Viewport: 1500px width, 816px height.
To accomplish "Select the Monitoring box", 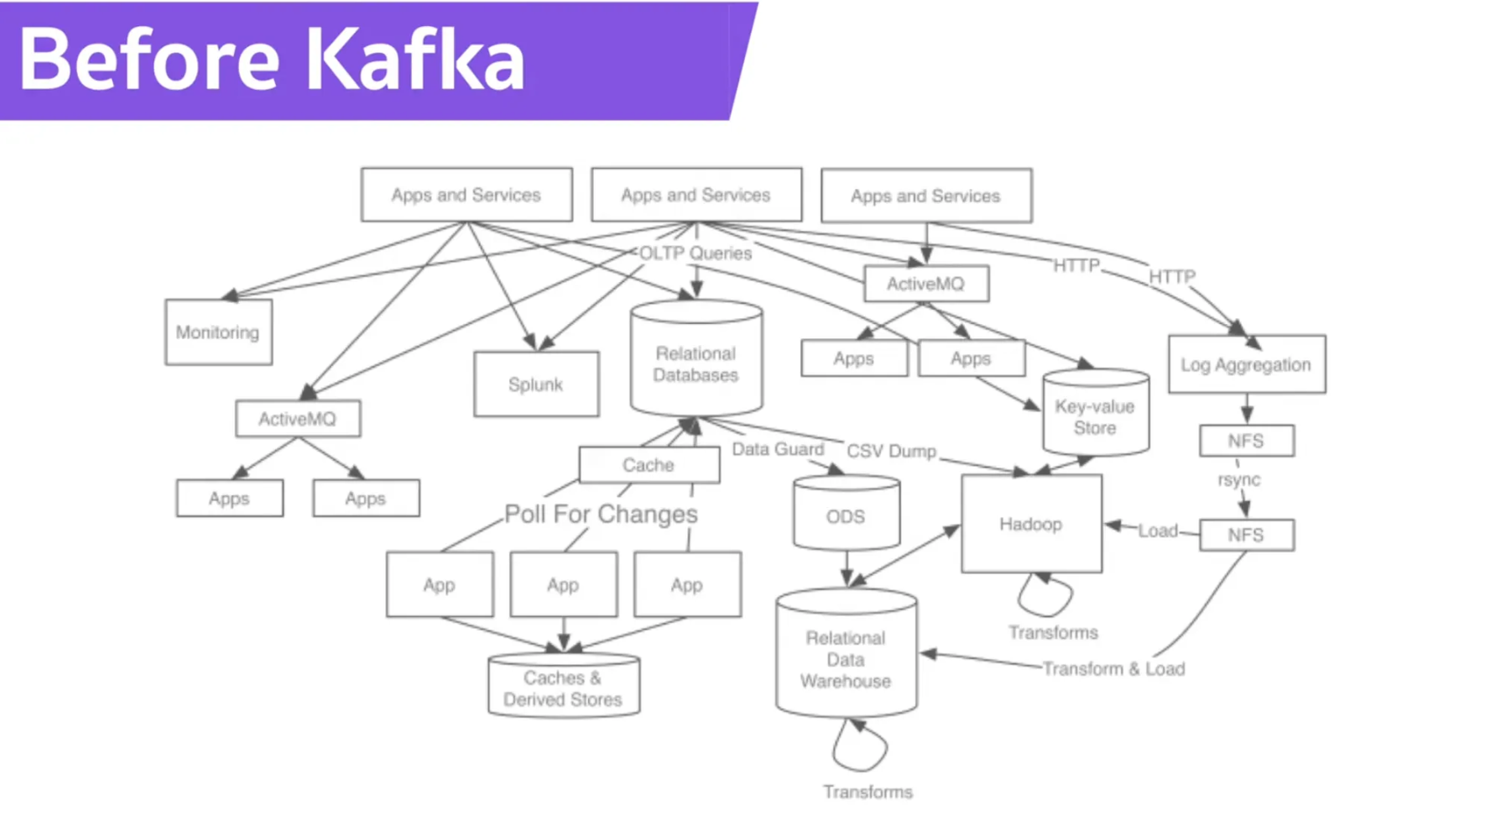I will (x=218, y=332).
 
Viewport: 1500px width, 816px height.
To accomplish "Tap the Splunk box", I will (x=536, y=384).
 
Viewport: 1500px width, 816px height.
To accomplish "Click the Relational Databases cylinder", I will (x=695, y=364).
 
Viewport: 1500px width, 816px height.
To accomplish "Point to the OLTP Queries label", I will (x=695, y=254).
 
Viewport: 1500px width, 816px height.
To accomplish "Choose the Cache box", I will (x=648, y=465).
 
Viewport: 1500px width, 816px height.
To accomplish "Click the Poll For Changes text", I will (x=601, y=514).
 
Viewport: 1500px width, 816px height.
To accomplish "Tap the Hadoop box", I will (x=1031, y=524).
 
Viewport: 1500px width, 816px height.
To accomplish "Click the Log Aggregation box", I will (x=1246, y=364).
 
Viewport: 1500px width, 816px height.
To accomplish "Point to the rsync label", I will (x=1239, y=479).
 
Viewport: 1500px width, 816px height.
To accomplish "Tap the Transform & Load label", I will (x=1113, y=669).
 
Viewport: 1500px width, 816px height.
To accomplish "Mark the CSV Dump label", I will (x=891, y=451).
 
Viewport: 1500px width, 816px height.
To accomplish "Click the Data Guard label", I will (x=778, y=449).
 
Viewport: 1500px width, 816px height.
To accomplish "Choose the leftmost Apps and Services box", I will (x=466, y=195).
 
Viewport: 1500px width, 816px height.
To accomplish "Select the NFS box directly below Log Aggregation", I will (x=1247, y=441).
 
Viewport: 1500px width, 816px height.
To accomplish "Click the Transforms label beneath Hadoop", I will (x=1053, y=633).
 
